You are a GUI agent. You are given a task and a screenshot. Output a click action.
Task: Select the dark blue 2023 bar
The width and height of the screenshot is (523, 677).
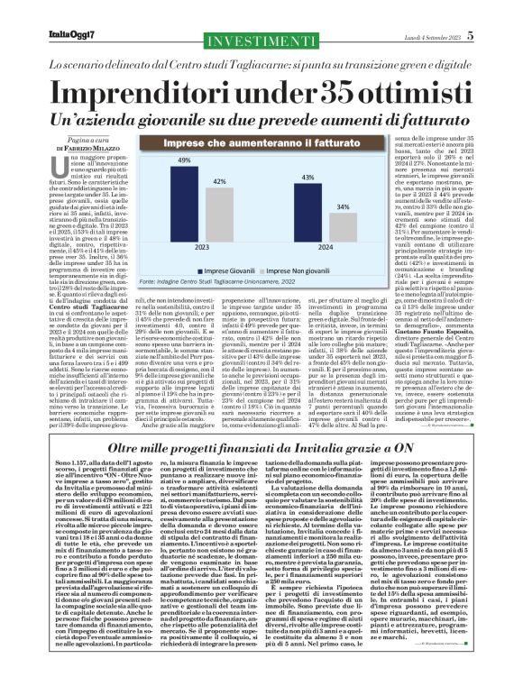[184, 199]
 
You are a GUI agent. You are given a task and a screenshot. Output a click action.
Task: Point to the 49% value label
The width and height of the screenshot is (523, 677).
[184, 160]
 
